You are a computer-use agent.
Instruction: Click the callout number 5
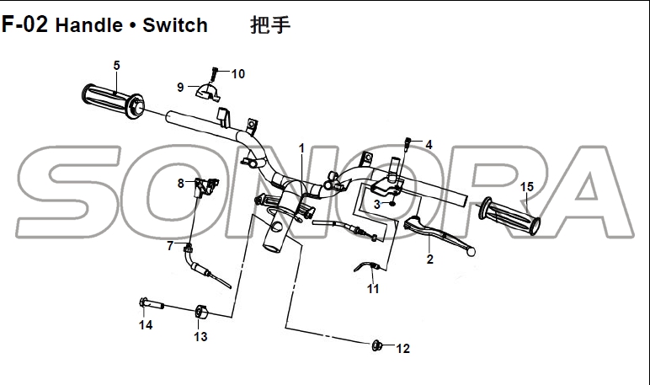pyautogui.click(x=116, y=66)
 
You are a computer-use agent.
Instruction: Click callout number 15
pyautogui.click(x=527, y=187)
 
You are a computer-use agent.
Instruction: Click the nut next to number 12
pyautogui.click(x=378, y=345)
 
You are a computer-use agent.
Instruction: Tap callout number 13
pyautogui.click(x=200, y=337)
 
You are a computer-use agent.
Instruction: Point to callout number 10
pyautogui.click(x=237, y=74)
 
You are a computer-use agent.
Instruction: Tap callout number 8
pyautogui.click(x=180, y=183)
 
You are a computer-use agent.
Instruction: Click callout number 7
pyautogui.click(x=170, y=246)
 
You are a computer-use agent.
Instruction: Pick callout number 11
pyautogui.click(x=373, y=289)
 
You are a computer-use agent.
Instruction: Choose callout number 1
pyautogui.click(x=301, y=148)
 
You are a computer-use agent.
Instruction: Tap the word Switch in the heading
pyautogui.click(x=174, y=25)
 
